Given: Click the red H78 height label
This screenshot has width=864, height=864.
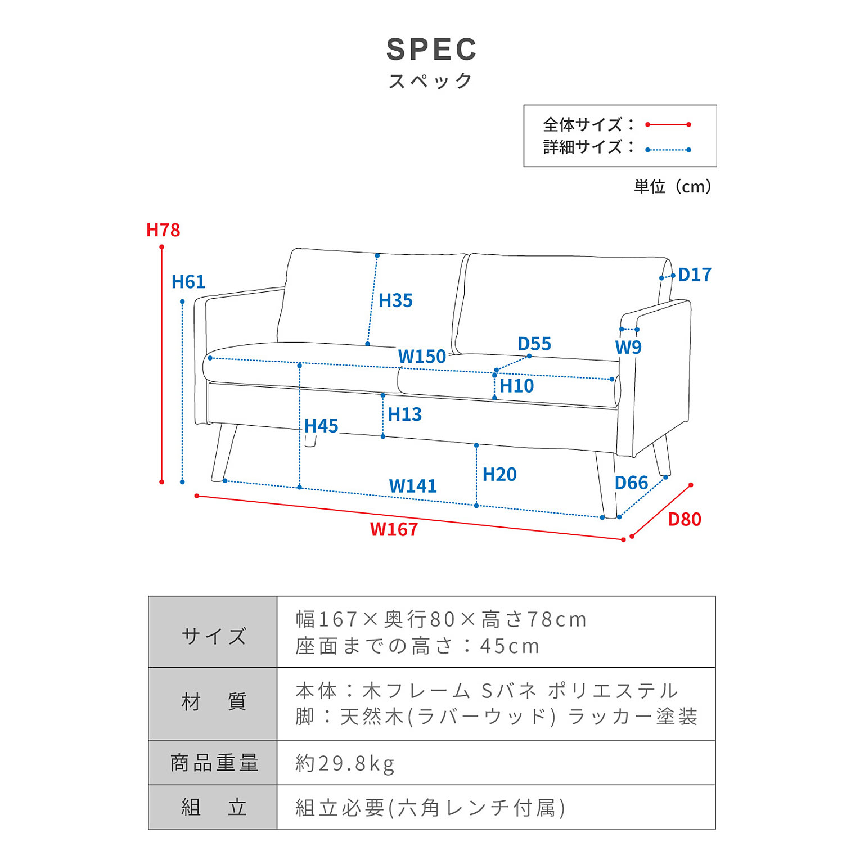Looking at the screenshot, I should pyautogui.click(x=163, y=229).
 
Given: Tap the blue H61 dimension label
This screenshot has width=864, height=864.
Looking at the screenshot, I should pyautogui.click(x=188, y=281).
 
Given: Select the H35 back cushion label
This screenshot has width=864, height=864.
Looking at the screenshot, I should pyautogui.click(x=395, y=300).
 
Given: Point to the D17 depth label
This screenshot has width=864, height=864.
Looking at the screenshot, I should pyautogui.click(x=695, y=274).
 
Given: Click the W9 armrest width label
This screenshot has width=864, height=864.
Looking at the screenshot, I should pyautogui.click(x=628, y=347).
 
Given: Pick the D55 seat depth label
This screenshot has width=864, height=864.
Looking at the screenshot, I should pyautogui.click(x=534, y=344).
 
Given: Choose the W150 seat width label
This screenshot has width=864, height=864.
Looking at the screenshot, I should pyautogui.click(x=422, y=357).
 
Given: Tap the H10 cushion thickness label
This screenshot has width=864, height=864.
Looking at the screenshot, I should pyautogui.click(x=516, y=386).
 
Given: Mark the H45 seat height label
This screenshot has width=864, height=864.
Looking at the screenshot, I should pyautogui.click(x=321, y=426).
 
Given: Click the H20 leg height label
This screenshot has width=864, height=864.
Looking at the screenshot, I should pyautogui.click(x=499, y=474).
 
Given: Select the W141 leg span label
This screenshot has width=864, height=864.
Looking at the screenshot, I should pyautogui.click(x=413, y=486).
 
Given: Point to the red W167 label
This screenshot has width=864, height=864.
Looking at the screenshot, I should pyautogui.click(x=394, y=529).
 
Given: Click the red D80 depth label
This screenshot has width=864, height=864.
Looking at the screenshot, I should pyautogui.click(x=685, y=519).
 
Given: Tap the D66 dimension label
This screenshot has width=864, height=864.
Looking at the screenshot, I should pyautogui.click(x=631, y=483).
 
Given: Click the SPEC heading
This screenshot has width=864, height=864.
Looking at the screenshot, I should pyautogui.click(x=431, y=49).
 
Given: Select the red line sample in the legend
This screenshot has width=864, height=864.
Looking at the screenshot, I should pyautogui.click(x=668, y=124).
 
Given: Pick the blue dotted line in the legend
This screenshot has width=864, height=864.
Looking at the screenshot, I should pyautogui.click(x=668, y=150).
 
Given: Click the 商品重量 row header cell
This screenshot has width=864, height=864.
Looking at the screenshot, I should pyautogui.click(x=213, y=763).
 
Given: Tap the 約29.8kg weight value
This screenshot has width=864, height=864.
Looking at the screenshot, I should pyautogui.click(x=345, y=763).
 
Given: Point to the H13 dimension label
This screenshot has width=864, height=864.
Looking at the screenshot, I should pyautogui.click(x=404, y=415).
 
